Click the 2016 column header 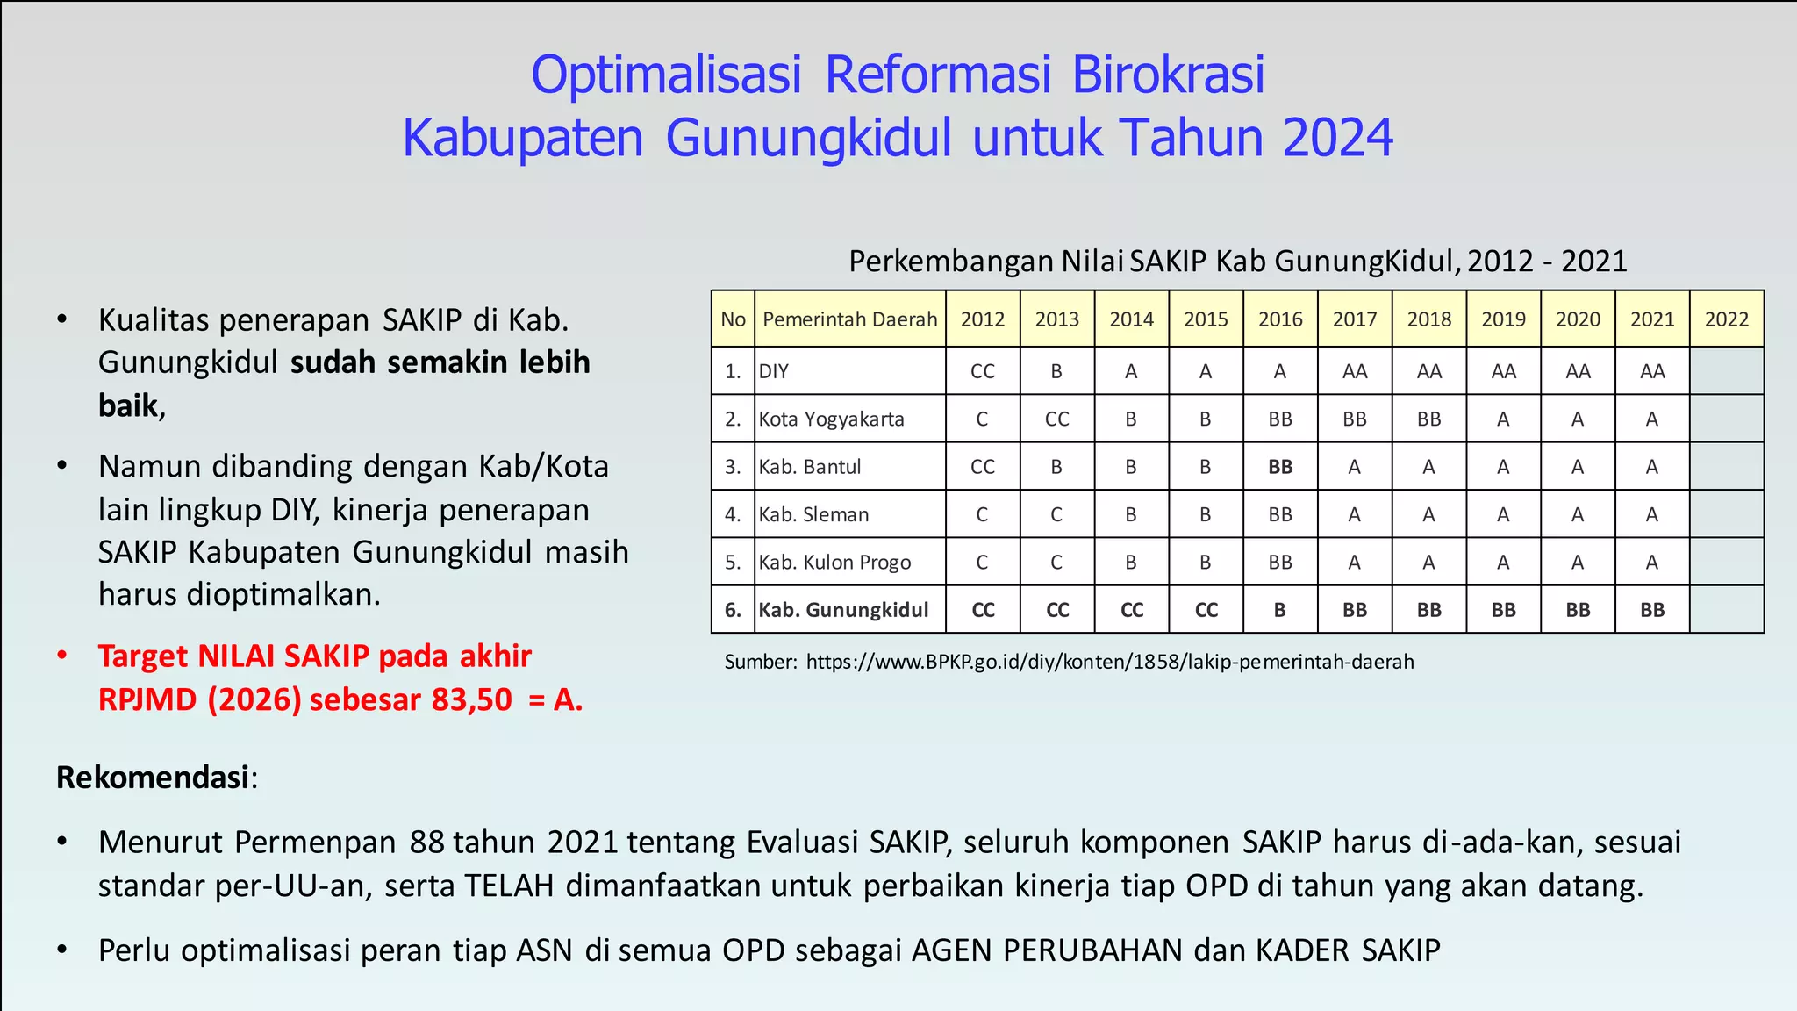click(x=1280, y=319)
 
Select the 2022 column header click(x=1726, y=319)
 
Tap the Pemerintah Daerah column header click(x=849, y=319)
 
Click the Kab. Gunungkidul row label click(x=843, y=610)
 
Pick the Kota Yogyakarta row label click(x=831, y=419)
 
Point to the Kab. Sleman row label click(x=813, y=514)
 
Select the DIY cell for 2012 click(x=983, y=371)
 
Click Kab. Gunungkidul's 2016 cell click(x=1280, y=610)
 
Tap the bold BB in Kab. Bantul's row click(x=1280, y=467)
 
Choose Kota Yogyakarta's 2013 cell click(x=1056, y=419)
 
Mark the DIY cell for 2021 click(x=1652, y=371)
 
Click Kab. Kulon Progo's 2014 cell click(x=1131, y=563)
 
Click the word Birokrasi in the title click(x=1168, y=75)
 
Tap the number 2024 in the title click(x=1337, y=139)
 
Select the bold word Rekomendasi click(x=153, y=778)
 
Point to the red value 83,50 click(x=471, y=700)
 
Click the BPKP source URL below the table click(x=1110, y=662)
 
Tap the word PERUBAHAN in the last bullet click(x=1093, y=950)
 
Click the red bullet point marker click(x=62, y=656)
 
